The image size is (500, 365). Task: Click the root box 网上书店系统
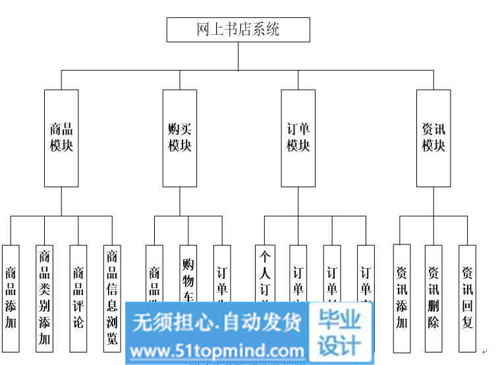pyautogui.click(x=238, y=30)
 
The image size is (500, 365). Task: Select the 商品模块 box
pyautogui.click(x=61, y=138)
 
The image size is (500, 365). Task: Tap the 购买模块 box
pyautogui.click(x=180, y=138)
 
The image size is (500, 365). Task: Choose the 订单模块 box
pyautogui.click(x=298, y=138)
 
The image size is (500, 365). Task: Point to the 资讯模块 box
pyautogui.click(x=433, y=138)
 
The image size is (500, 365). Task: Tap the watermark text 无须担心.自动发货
pyautogui.click(x=217, y=322)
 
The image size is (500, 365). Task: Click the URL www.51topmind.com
pyautogui.click(x=217, y=349)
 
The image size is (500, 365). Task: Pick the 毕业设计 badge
pyautogui.click(x=340, y=333)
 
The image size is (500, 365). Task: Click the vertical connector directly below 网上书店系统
pyautogui.click(x=238, y=56)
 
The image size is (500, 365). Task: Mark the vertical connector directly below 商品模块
pyautogui.click(x=61, y=201)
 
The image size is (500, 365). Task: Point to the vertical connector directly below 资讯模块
pyautogui.click(x=433, y=201)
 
